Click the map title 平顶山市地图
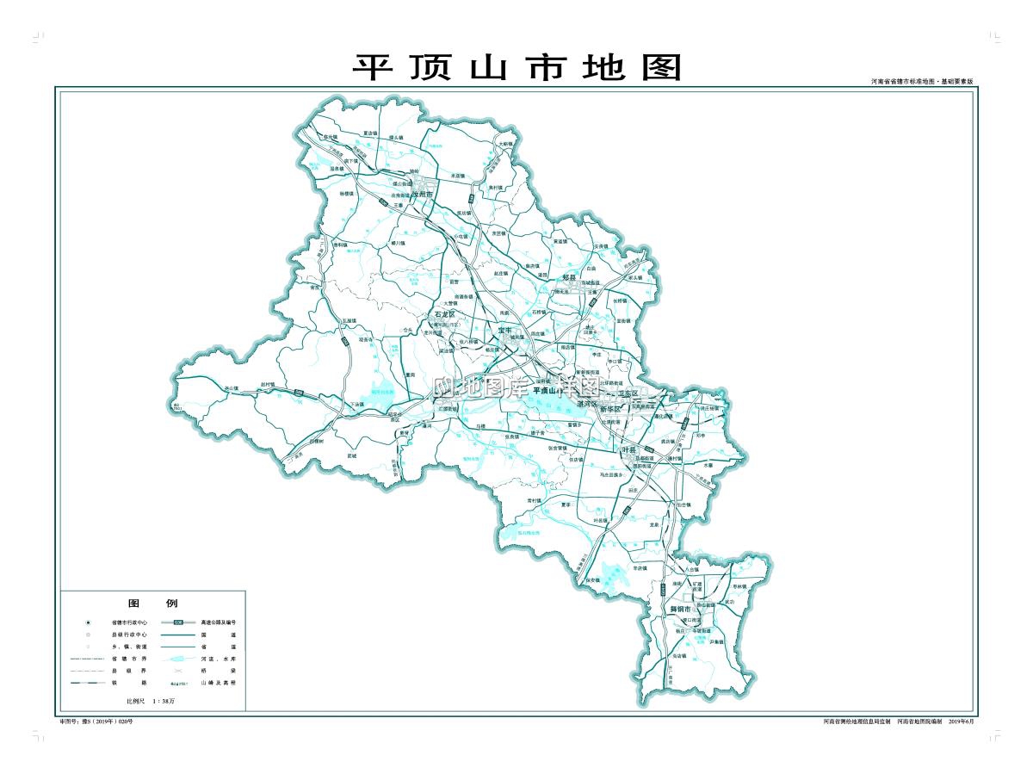(x=516, y=67)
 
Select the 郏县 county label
(x=568, y=277)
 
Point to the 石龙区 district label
(x=444, y=316)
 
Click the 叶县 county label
(x=629, y=450)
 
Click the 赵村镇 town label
(x=267, y=384)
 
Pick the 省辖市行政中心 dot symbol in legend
(x=89, y=622)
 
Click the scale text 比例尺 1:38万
(x=151, y=703)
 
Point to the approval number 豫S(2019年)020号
(x=96, y=721)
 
